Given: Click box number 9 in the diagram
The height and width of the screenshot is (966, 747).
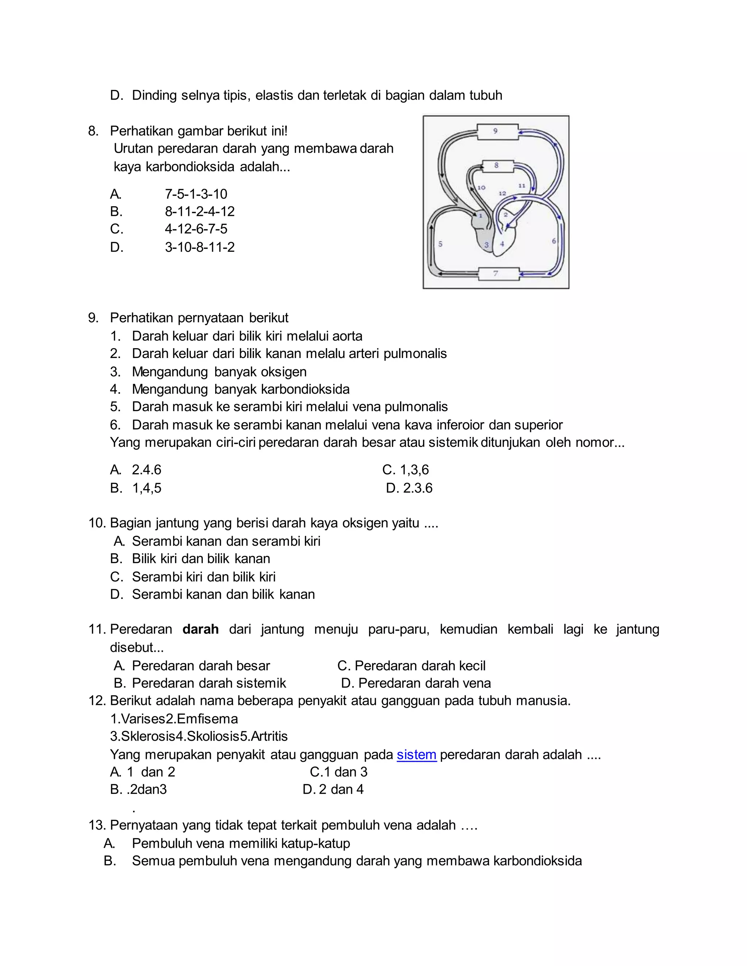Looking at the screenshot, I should pyautogui.click(x=497, y=131).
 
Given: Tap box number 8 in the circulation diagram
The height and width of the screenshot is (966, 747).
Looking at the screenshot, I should pyautogui.click(x=498, y=166).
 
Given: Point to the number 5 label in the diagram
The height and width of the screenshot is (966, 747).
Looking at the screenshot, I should pyautogui.click(x=440, y=244).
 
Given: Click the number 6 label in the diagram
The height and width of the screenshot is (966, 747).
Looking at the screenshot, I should pyautogui.click(x=554, y=241).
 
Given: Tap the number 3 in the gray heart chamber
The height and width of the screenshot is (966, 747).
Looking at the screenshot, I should pyautogui.click(x=486, y=245).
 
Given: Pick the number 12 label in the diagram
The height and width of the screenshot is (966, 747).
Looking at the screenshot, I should pyautogui.click(x=502, y=193).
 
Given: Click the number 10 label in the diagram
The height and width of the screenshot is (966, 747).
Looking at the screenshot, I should pyautogui.click(x=481, y=187).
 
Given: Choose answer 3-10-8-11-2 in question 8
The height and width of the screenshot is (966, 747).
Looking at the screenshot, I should pyautogui.click(x=200, y=247).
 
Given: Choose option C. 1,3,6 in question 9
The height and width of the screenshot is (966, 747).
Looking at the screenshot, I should pyautogui.click(x=405, y=470).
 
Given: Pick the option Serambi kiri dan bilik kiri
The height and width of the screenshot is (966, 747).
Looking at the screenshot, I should pyautogui.click(x=204, y=577).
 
